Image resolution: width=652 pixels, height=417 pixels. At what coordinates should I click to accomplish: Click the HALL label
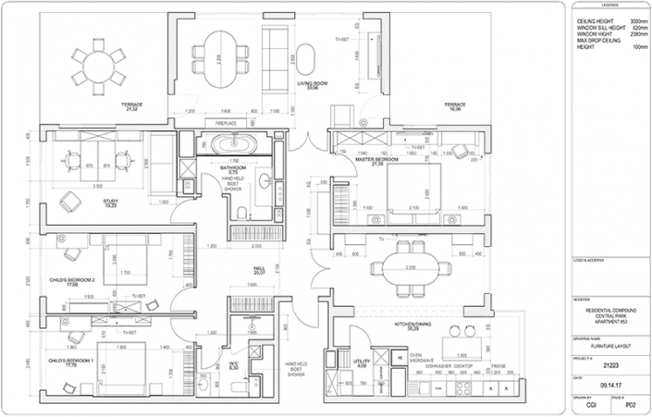click(260, 269)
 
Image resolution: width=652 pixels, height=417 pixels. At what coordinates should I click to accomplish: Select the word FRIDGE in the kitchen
click(498, 366)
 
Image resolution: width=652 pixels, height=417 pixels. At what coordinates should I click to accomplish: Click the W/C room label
click(234, 363)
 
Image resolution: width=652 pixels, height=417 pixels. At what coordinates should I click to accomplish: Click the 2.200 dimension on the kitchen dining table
click(406, 267)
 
